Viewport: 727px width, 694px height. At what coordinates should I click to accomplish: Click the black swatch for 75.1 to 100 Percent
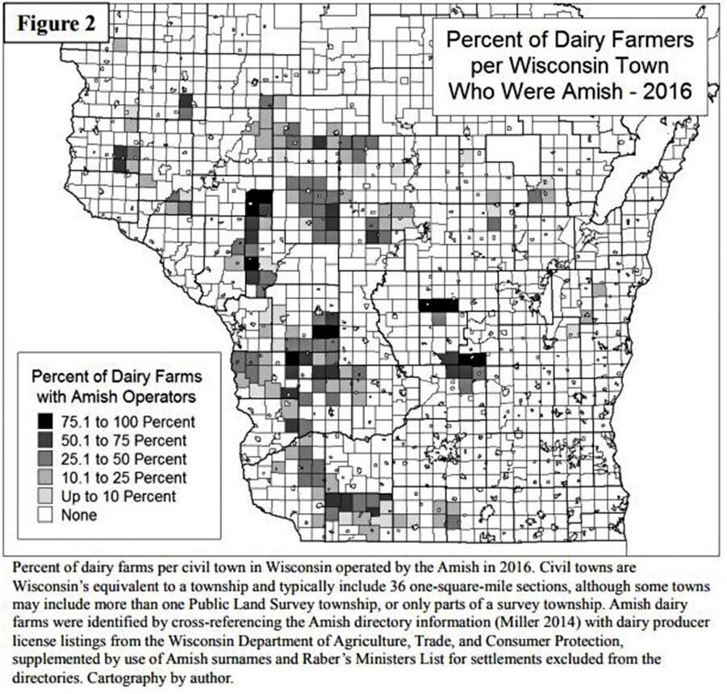[x=44, y=421]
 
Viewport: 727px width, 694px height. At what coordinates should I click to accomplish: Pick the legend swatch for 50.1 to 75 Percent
[x=44, y=440]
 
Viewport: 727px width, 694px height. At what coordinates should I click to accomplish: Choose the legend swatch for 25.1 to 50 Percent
[x=44, y=459]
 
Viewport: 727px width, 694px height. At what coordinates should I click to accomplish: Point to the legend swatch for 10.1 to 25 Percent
[x=44, y=477]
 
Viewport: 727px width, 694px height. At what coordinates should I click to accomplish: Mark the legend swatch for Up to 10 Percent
[x=44, y=496]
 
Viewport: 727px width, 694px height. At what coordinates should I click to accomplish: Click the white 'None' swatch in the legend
[x=44, y=515]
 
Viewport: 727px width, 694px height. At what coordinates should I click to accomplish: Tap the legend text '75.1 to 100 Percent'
[x=127, y=422]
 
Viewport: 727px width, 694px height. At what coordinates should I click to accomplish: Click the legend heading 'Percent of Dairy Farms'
[x=117, y=376]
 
